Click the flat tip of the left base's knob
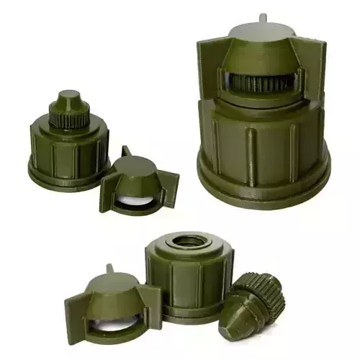[x=68, y=94]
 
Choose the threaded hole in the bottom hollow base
[x=189, y=240]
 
